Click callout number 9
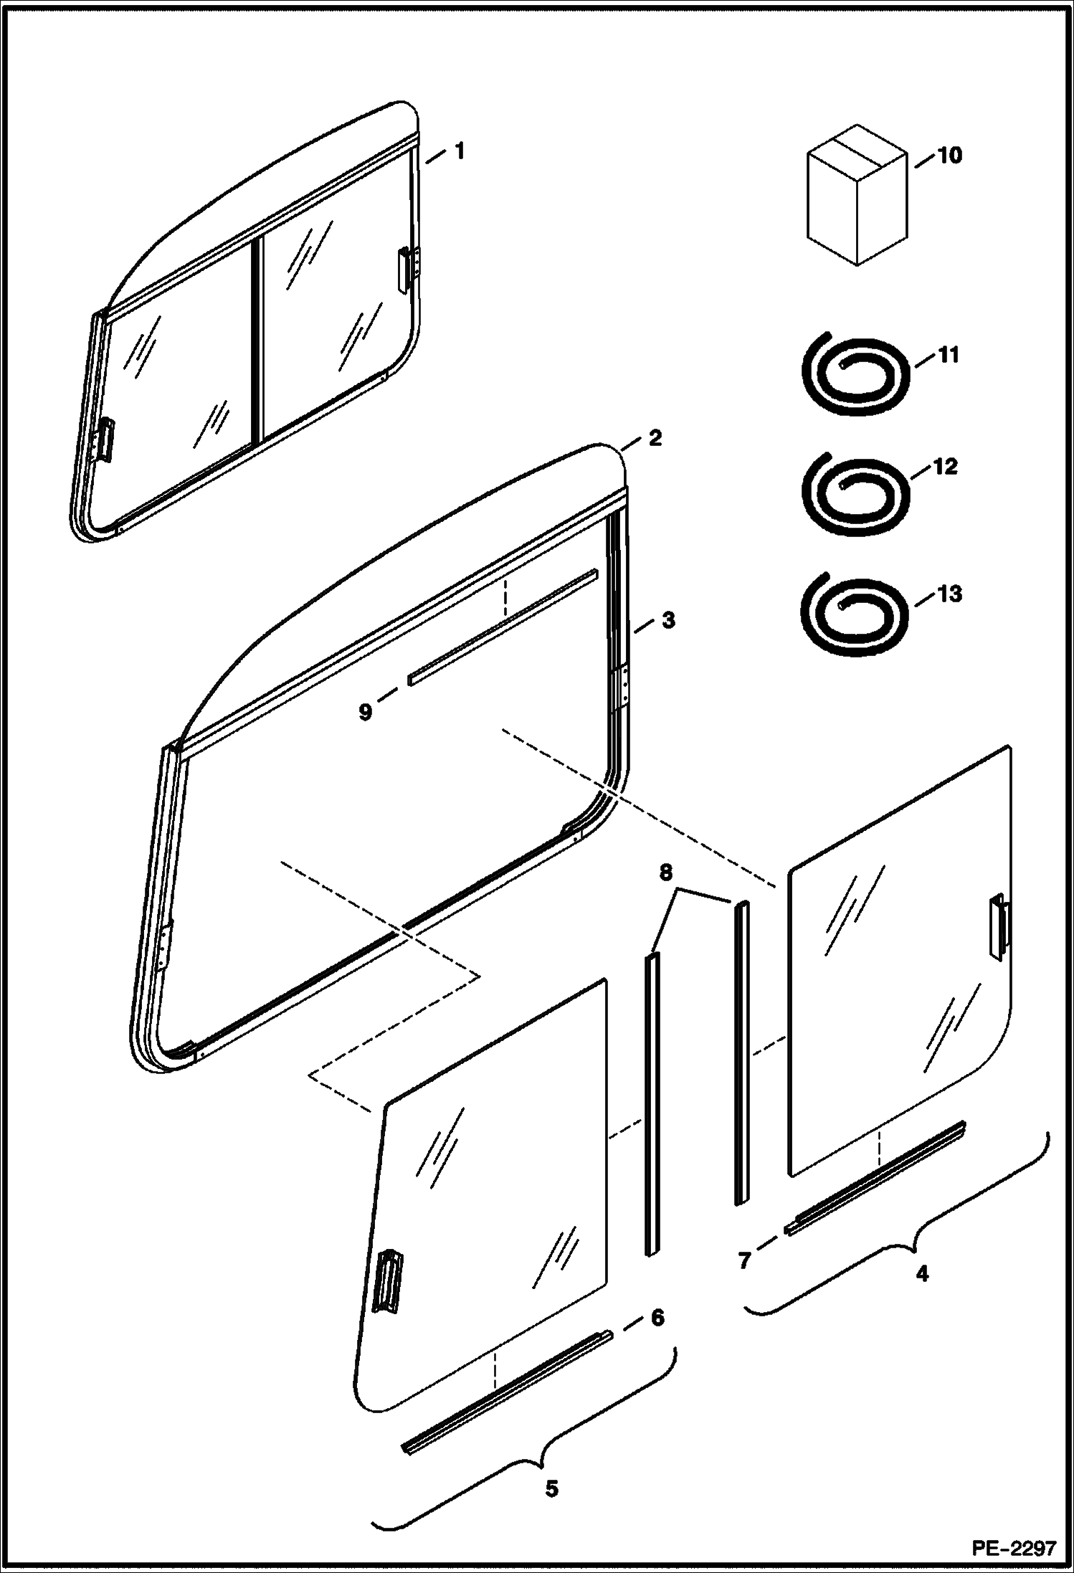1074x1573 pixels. click(366, 712)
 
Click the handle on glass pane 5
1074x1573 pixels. click(388, 1281)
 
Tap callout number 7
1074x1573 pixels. click(744, 1260)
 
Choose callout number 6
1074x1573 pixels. click(657, 1317)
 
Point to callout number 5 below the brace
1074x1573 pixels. click(551, 1488)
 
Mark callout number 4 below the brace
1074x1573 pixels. click(922, 1273)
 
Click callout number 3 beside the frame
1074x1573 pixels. click(667, 619)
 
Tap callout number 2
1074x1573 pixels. click(654, 437)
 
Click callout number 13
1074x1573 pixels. click(949, 594)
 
